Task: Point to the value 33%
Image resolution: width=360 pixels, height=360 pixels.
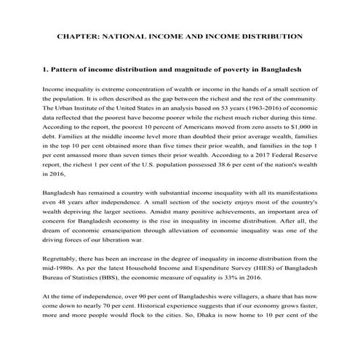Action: coord(250,288)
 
